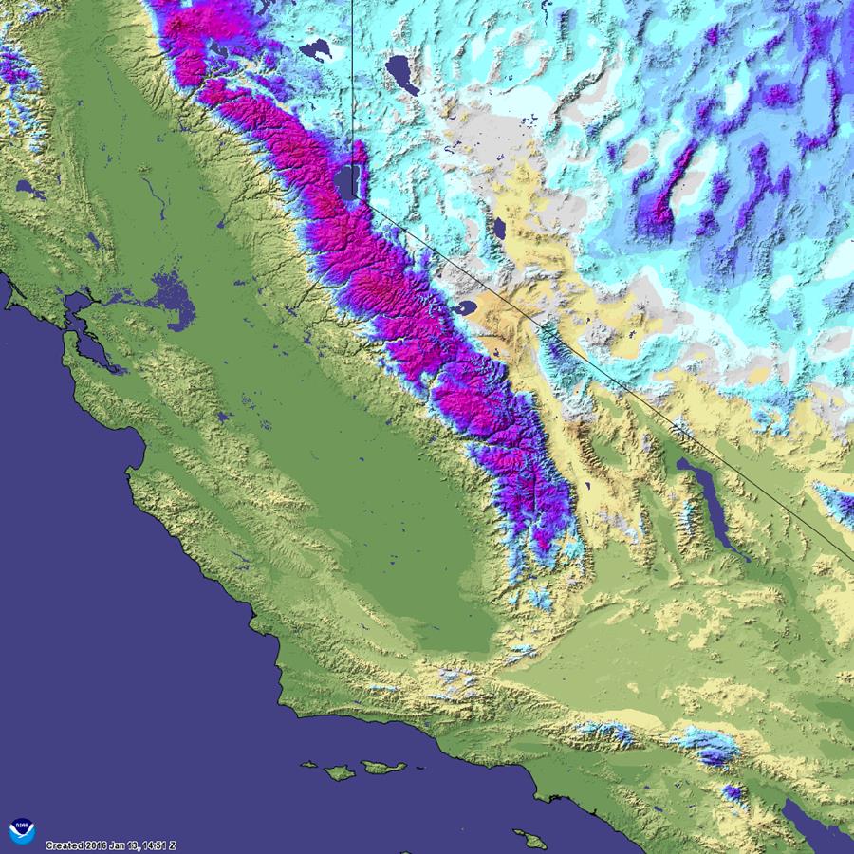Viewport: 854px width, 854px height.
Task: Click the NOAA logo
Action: click(x=22, y=832)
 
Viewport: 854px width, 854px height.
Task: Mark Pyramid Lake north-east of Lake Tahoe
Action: click(x=402, y=73)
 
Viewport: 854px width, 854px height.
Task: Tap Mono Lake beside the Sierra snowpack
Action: click(x=468, y=309)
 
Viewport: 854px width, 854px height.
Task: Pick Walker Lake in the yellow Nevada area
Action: click(x=498, y=229)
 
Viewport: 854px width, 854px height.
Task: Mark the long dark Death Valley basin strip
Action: click(x=712, y=503)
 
